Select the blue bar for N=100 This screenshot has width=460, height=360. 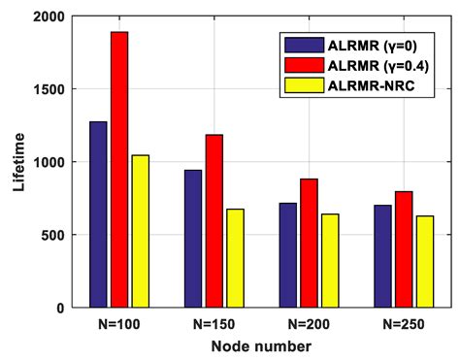(98, 214)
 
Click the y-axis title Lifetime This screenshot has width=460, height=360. (16, 162)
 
